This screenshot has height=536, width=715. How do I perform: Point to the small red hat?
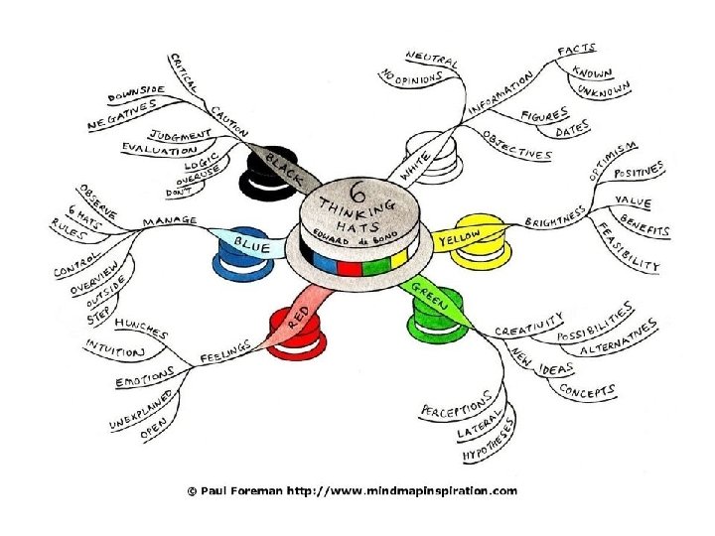click(295, 330)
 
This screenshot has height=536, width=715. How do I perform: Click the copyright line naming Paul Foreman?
click(354, 490)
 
